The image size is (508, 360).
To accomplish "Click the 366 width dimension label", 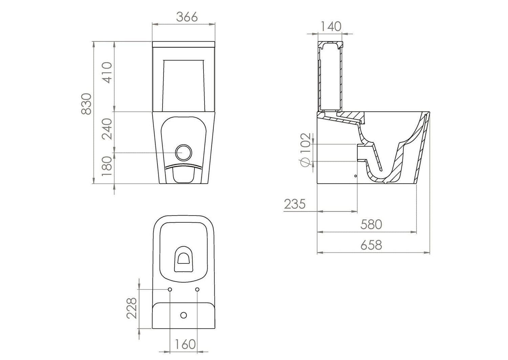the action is pos(187,17).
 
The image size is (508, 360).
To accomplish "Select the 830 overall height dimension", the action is pos(86,104).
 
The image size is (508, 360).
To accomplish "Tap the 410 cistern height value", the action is pos(107,73).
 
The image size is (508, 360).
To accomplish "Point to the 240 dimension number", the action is pos(107,129).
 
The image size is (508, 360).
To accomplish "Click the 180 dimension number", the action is pos(107,166).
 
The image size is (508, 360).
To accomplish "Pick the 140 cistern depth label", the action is pos(331,26).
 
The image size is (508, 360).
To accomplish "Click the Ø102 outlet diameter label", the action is pos(305,150).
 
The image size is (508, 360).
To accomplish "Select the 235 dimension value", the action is pos(295,204).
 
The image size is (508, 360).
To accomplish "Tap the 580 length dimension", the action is pos(371,224).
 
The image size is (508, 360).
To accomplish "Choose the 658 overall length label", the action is pos(371,245).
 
